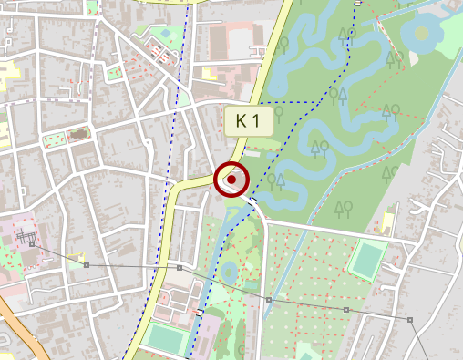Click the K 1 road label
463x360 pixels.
tap(248, 120)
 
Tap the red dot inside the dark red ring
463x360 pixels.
tap(231, 180)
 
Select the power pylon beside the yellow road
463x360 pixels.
tap(180, 269)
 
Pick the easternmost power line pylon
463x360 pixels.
tap(410, 320)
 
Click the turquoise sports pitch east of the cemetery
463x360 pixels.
tap(367, 259)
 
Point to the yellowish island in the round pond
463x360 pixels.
tap(422, 34)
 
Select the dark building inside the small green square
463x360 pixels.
tap(78, 135)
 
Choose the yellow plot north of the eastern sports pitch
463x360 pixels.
tap(387, 222)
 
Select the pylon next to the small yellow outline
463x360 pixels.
tap(87, 264)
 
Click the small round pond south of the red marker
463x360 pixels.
tap(229, 271)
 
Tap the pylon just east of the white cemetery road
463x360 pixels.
tap(269, 299)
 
